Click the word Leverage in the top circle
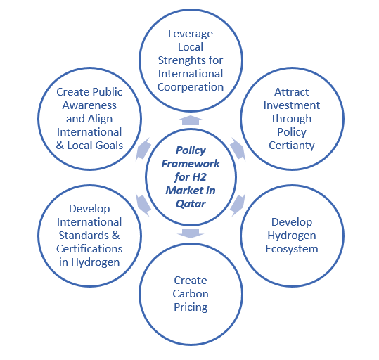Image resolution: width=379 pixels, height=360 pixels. point(191,34)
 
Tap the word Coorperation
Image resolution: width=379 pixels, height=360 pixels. point(191,87)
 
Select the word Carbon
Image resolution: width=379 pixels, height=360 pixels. point(191,294)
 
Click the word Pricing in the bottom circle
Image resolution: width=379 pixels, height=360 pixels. point(191,307)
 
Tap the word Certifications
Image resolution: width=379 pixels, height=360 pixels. point(89,248)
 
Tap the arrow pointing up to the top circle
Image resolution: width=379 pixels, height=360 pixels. point(191,120)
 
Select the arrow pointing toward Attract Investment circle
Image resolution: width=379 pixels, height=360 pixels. point(236,148)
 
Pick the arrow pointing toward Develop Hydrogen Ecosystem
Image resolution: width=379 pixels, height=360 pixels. point(237,204)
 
